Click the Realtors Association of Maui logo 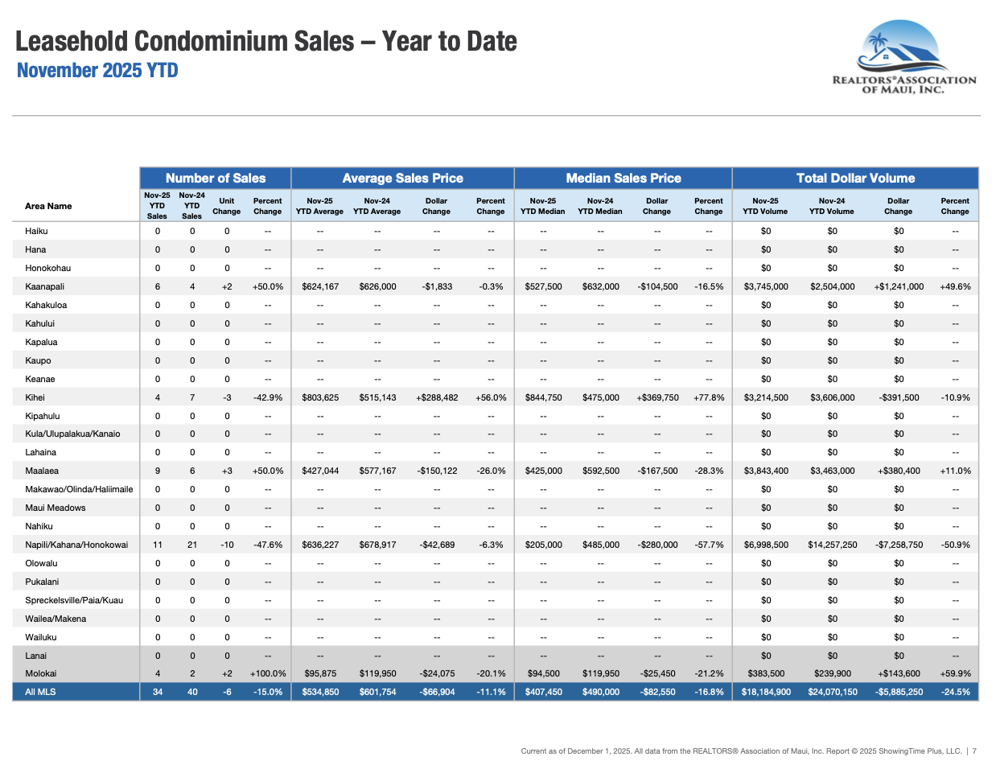click(x=903, y=56)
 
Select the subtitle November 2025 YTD click(x=97, y=70)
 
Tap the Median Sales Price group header click(x=623, y=178)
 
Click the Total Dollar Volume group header click(x=855, y=178)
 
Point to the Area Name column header click(x=48, y=206)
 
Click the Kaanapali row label click(x=44, y=286)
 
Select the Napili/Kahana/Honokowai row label click(x=76, y=545)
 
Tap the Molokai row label click(x=40, y=673)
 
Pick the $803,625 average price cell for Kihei click(x=320, y=397)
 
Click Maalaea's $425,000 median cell click(x=544, y=471)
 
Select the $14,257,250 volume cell click(x=833, y=545)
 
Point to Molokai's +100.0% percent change click(x=268, y=673)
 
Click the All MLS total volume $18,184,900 click(x=766, y=692)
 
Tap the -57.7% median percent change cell click(x=709, y=545)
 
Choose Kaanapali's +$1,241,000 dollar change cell click(x=899, y=286)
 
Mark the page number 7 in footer click(x=974, y=751)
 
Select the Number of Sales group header click(x=216, y=178)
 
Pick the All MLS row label click(x=40, y=692)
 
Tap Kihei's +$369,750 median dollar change click(x=657, y=397)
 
